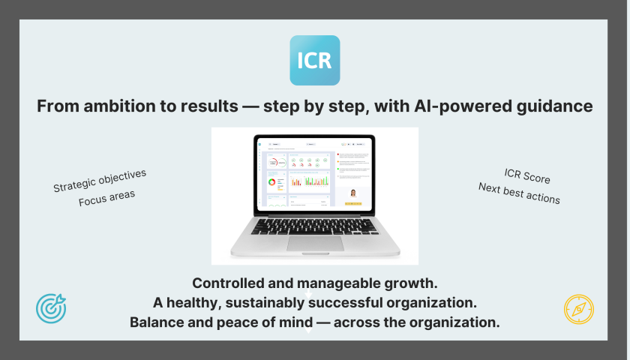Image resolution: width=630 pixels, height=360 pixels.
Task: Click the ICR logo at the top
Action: [315, 60]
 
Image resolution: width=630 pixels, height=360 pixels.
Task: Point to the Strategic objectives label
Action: [100, 181]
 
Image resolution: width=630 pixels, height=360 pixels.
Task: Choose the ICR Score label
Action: [526, 178]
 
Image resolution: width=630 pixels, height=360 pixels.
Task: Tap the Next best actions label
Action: [519, 193]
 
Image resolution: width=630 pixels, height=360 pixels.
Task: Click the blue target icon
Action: [51, 307]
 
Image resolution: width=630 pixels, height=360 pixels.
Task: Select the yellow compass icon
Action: [578, 309]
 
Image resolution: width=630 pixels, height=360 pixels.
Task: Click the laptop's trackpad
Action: [315, 242]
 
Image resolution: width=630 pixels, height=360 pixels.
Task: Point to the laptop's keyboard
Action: [315, 226]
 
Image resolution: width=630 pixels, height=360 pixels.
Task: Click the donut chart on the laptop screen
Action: [271, 181]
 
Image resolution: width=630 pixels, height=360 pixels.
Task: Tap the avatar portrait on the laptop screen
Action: [352, 193]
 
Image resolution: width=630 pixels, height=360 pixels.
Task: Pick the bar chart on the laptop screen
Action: [309, 181]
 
